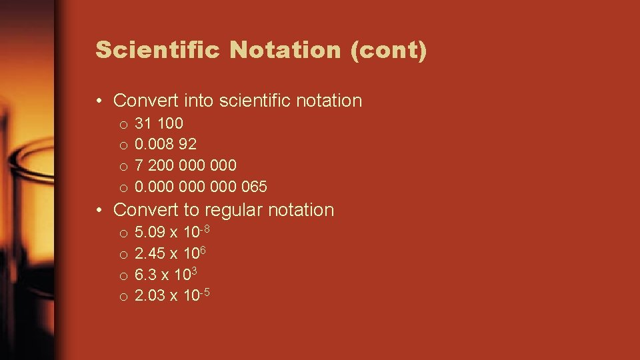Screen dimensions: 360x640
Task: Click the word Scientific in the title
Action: (157, 51)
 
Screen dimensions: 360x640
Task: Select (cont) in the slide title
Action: (388, 51)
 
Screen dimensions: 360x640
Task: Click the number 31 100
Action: (159, 123)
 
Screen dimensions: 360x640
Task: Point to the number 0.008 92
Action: (165, 144)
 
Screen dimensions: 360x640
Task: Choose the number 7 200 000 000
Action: (185, 165)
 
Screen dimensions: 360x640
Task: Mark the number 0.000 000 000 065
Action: (201, 186)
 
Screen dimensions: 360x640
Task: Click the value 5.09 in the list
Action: (150, 233)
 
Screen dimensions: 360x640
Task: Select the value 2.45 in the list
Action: (150, 253)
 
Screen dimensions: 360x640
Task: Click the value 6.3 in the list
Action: (145, 275)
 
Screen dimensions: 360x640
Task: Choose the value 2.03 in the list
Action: (150, 295)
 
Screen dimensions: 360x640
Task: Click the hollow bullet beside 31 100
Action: (123, 125)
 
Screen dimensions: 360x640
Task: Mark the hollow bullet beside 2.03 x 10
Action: (123, 297)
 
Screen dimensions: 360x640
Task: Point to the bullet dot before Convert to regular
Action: (99, 211)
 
